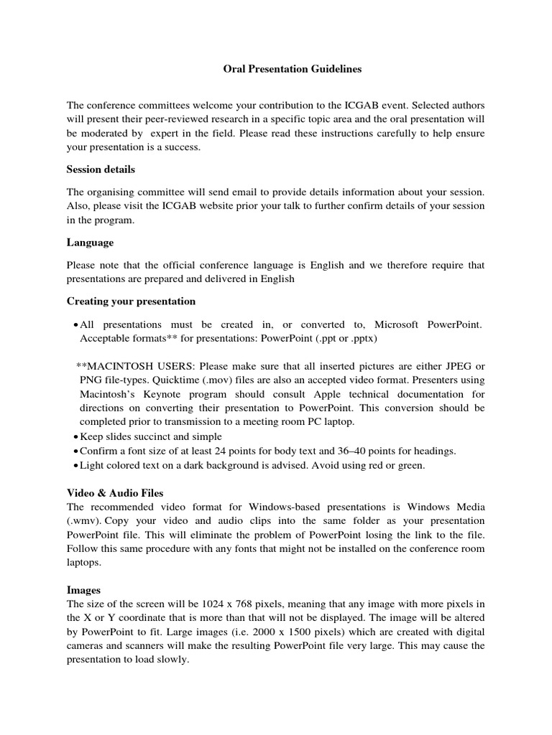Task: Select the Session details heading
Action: click(x=101, y=169)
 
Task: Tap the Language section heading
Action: click(x=90, y=243)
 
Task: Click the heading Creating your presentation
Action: click(x=131, y=301)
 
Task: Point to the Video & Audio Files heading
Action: click(x=115, y=492)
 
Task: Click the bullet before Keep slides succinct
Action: click(x=75, y=436)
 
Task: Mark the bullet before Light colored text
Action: click(x=75, y=465)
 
